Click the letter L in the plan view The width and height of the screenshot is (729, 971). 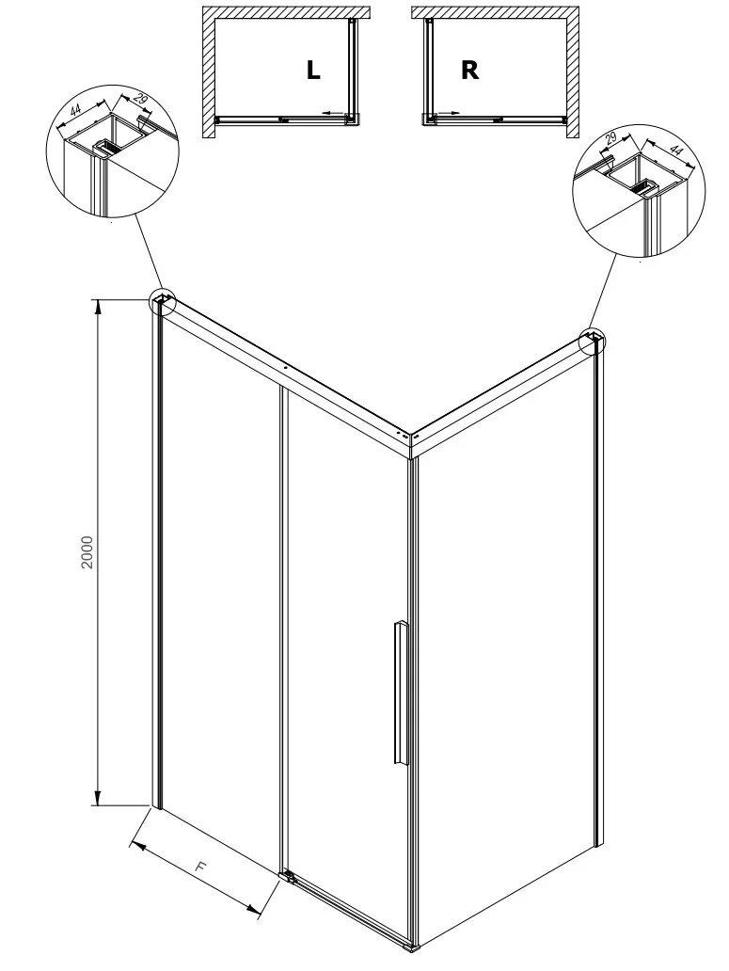tap(313, 70)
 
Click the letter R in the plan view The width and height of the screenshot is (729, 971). tap(469, 70)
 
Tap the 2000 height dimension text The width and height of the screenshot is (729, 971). tap(87, 552)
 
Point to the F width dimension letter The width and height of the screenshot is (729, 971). tap(198, 867)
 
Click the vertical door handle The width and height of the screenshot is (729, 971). tap(401, 692)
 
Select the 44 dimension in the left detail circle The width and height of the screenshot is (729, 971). tap(75, 112)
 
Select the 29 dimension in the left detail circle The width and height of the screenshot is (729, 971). tap(140, 99)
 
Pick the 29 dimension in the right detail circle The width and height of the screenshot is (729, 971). tap(610, 137)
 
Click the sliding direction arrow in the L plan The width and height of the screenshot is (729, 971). tap(334, 113)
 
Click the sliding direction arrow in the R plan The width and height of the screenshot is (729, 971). tap(448, 113)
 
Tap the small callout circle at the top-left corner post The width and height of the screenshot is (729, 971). tap(162, 303)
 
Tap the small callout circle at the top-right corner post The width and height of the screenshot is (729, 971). tap(593, 342)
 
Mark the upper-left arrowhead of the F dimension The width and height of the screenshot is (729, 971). tap(138, 845)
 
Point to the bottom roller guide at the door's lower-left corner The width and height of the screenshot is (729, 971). tap(288, 876)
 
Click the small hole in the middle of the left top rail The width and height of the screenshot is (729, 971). tap(285, 367)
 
